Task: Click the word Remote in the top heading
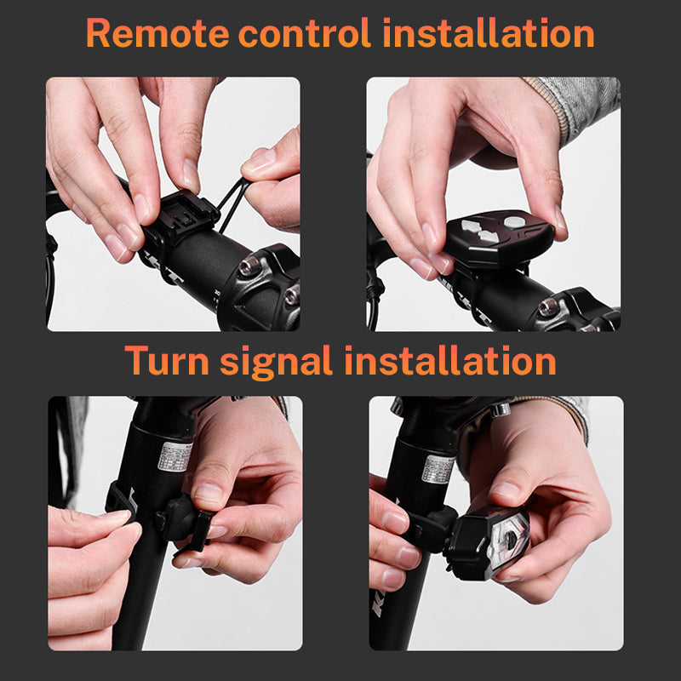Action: coord(157,33)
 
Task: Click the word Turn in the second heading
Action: coord(166,360)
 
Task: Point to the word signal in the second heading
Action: coord(275,362)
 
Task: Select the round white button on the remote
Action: coord(512,220)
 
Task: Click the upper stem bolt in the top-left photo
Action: coord(249,267)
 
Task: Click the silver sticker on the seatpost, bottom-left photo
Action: coord(175,458)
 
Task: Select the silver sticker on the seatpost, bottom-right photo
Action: coord(438,467)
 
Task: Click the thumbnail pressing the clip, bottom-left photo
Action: coord(208,492)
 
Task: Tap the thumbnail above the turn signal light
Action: coord(506,493)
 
